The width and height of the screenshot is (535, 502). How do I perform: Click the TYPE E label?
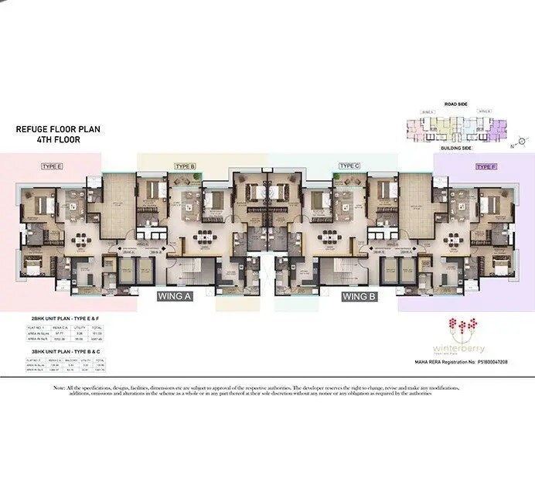53,166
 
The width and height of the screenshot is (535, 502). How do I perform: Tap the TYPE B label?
185,166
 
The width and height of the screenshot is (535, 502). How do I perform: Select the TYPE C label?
349,166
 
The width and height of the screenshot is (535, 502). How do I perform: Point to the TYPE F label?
486,166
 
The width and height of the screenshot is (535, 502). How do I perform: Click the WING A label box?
175,295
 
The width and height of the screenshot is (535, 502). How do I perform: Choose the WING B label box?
359,295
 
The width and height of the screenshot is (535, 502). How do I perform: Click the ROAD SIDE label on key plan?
457,103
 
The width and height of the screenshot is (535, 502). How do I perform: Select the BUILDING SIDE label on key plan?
457,147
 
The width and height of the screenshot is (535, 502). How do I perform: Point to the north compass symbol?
522,140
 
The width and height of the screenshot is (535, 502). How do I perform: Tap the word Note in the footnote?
59,387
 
